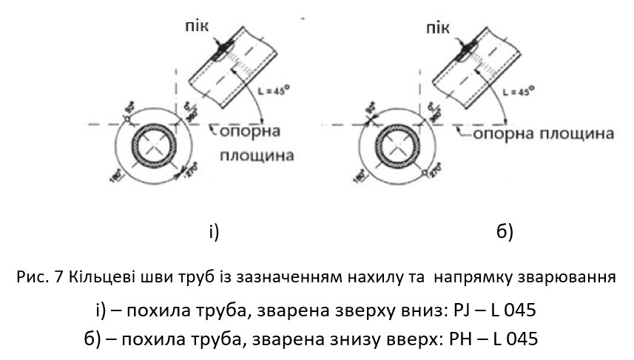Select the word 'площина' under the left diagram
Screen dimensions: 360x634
(x=257, y=156)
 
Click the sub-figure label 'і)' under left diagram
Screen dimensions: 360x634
(x=213, y=232)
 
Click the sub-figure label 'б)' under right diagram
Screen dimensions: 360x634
(x=504, y=232)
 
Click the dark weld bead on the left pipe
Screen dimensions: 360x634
(x=220, y=50)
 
